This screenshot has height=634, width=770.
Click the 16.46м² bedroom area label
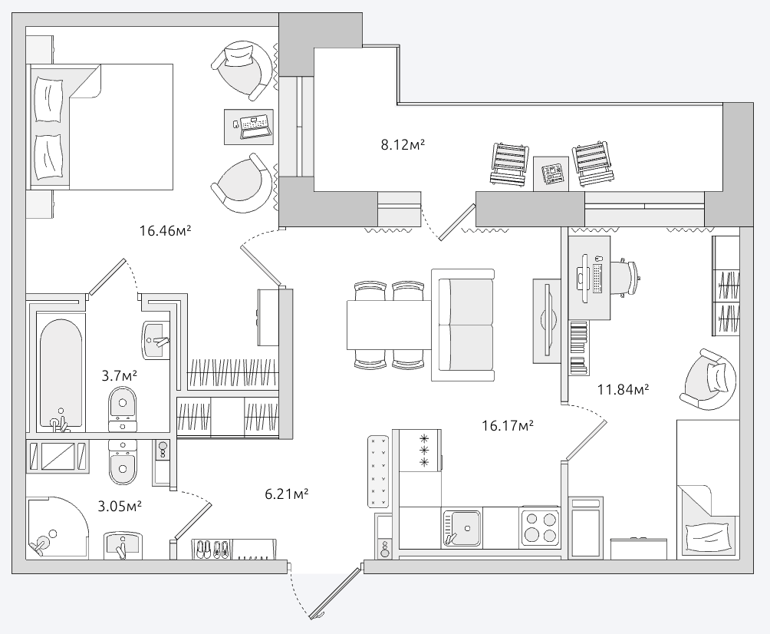point(165,230)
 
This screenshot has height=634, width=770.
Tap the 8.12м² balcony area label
point(403,144)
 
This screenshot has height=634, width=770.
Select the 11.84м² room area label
point(624,390)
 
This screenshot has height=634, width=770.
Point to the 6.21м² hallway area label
point(287,494)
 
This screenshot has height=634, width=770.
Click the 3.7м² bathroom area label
point(120,376)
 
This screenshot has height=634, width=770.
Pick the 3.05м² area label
point(120,506)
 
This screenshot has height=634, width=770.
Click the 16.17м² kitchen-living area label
point(508,426)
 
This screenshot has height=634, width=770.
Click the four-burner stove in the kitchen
point(540,527)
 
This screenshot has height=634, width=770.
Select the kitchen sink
point(462,528)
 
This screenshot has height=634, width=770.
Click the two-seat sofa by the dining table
point(463,325)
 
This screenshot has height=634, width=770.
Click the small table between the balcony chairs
point(551,173)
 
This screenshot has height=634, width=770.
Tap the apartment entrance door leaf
point(337,593)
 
